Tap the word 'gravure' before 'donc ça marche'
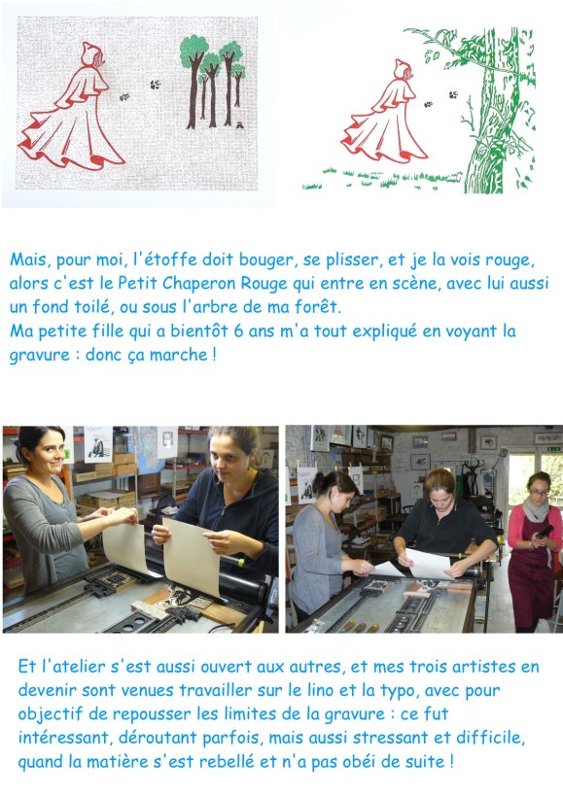[x=39, y=355]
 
